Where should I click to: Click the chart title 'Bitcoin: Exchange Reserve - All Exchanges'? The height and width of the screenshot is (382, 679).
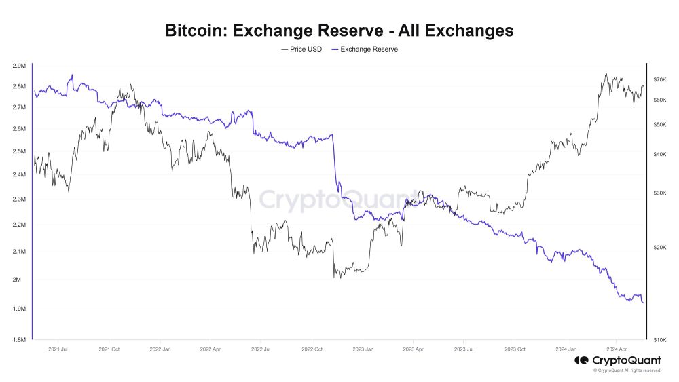point(339,31)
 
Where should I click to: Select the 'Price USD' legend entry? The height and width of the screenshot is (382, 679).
point(301,50)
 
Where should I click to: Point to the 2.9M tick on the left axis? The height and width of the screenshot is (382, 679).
point(19,66)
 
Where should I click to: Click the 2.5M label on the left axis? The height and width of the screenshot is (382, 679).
point(19,151)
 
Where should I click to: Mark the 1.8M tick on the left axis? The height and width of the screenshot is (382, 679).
point(19,339)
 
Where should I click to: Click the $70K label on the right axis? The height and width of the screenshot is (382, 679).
point(659,79)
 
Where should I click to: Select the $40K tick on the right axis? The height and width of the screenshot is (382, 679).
point(659,154)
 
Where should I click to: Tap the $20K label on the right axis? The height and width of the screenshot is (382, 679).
point(659,248)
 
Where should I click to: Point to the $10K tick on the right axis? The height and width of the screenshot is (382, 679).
point(659,339)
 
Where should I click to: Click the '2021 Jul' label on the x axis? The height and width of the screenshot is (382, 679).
point(58,349)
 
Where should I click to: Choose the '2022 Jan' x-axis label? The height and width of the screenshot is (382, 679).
point(160,349)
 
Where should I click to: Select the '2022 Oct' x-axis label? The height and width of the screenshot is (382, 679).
point(312,349)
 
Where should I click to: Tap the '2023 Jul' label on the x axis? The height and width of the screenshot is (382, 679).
point(464,349)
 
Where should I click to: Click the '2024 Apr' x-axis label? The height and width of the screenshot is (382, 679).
point(616,349)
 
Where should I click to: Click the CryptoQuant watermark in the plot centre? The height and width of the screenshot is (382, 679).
point(339,200)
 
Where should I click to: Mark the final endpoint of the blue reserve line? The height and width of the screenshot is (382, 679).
point(644,303)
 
